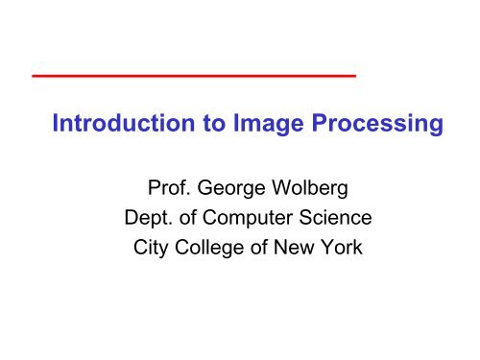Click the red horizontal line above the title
pyautogui.click(x=193, y=74)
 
